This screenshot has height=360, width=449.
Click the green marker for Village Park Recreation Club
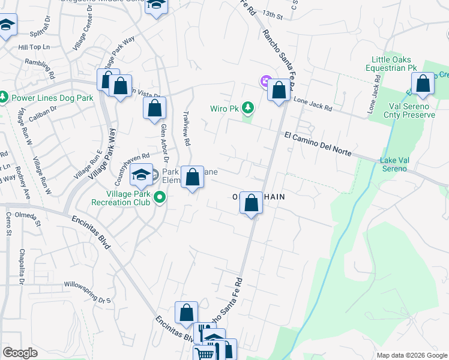tap(160, 196)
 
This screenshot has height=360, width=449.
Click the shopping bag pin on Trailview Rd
tap(192, 178)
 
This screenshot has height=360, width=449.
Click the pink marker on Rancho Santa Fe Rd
tap(265, 81)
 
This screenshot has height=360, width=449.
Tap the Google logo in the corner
tap(20, 353)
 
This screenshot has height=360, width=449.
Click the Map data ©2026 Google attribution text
tap(411, 355)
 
